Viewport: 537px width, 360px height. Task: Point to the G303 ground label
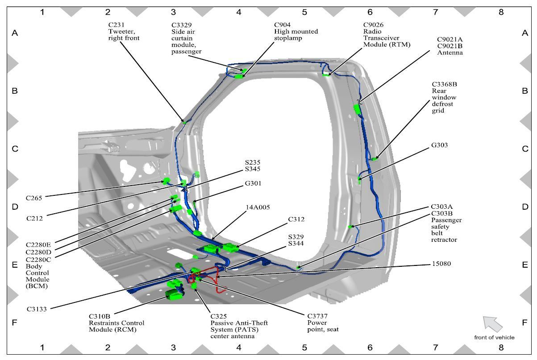click(439, 145)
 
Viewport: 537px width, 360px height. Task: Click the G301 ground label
click(253, 183)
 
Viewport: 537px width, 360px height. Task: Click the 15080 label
click(441, 264)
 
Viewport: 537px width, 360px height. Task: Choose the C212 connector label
click(35, 218)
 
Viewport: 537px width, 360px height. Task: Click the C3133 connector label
click(37, 308)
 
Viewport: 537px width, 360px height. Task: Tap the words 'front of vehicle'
click(494, 337)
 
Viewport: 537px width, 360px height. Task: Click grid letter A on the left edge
click(15, 33)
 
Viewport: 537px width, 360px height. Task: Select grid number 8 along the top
click(501, 12)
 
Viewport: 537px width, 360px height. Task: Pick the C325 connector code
click(220, 316)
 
